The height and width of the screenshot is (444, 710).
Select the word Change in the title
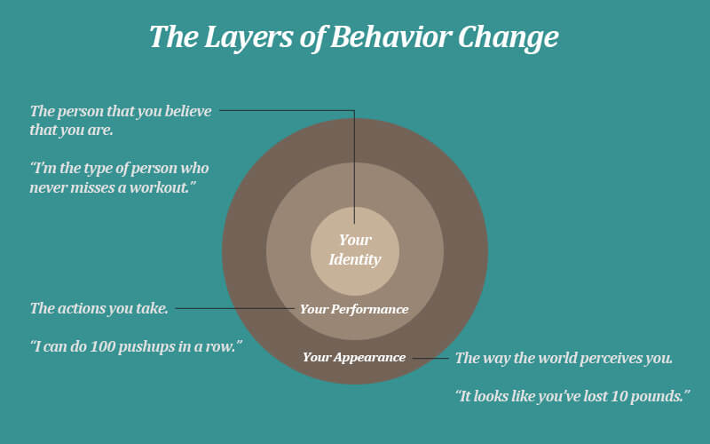(x=508, y=38)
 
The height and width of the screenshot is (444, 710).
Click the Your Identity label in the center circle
(x=355, y=250)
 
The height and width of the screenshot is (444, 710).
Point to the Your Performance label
(x=354, y=309)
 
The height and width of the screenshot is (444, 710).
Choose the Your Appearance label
(x=354, y=358)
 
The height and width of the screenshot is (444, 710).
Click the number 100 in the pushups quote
(x=101, y=346)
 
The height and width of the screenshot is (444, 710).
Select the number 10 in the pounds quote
(x=618, y=396)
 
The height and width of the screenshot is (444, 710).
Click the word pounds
(x=657, y=396)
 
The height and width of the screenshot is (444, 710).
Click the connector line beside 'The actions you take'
(x=234, y=308)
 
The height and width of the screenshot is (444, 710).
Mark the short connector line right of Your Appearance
(x=430, y=358)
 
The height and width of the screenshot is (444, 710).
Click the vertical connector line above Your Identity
(x=354, y=167)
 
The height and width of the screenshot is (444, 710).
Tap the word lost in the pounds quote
(x=595, y=396)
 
